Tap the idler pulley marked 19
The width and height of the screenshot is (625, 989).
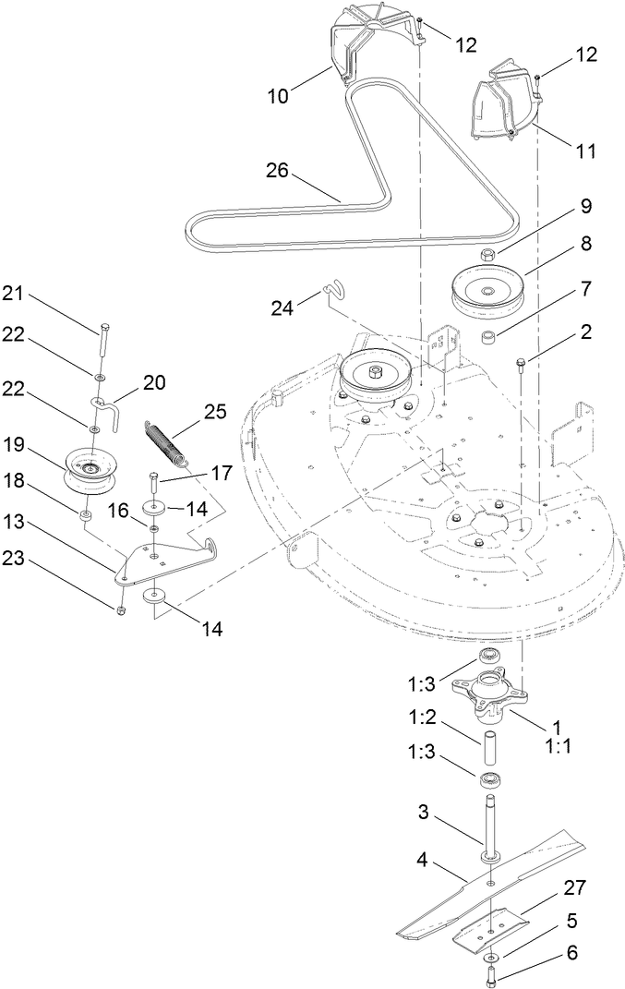click(90, 471)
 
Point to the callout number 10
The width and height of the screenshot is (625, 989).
click(277, 95)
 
